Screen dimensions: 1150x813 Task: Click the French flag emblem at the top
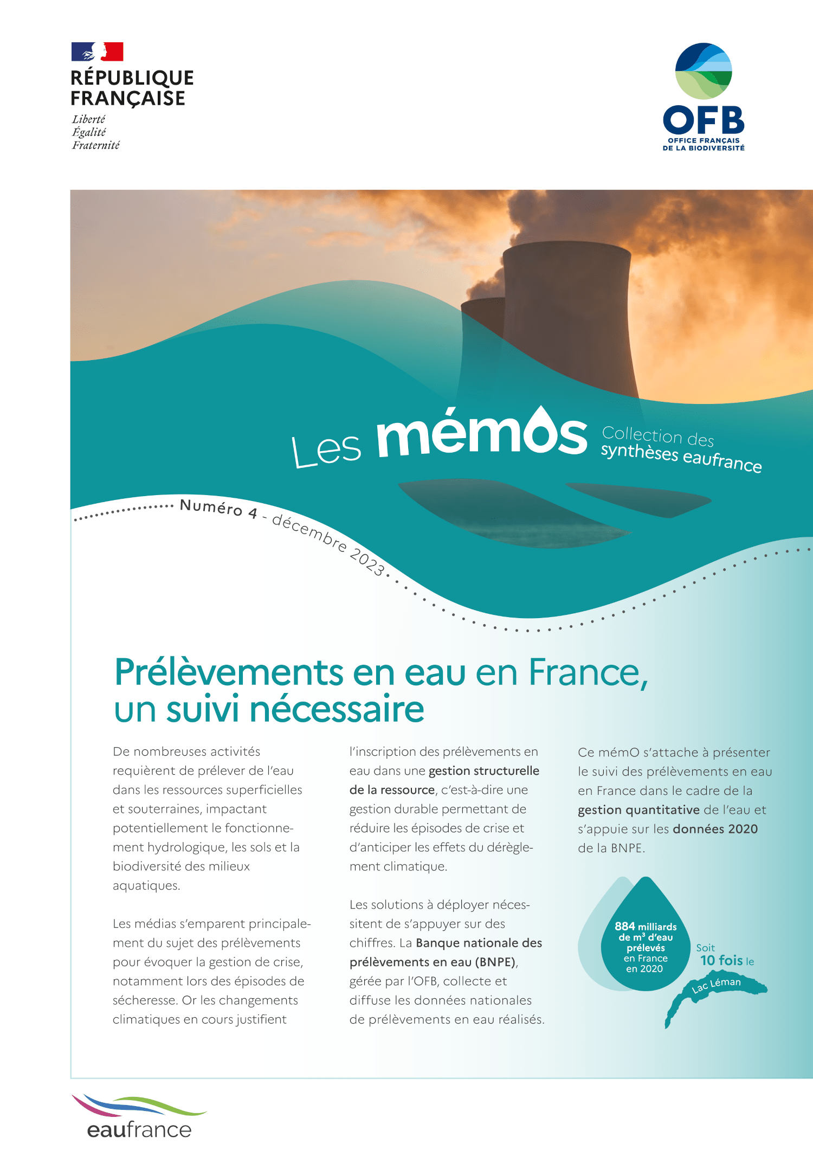98,52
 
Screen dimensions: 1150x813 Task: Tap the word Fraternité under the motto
96,145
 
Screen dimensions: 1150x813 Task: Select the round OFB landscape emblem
704,71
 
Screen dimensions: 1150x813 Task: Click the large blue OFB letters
704,120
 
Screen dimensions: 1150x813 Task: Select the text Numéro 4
218,508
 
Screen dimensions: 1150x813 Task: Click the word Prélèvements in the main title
228,672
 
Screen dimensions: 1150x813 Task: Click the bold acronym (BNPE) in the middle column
496,962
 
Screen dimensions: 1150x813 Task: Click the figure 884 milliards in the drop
645,927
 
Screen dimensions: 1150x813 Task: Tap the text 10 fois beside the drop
721,960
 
